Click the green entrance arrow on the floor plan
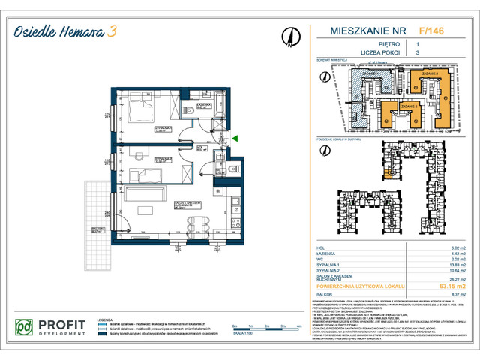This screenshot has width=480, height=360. pyautogui.click(x=235, y=139)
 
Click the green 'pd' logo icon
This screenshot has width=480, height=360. pyautogui.click(x=25, y=328)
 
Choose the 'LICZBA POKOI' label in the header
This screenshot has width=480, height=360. pyautogui.click(x=349, y=54)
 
